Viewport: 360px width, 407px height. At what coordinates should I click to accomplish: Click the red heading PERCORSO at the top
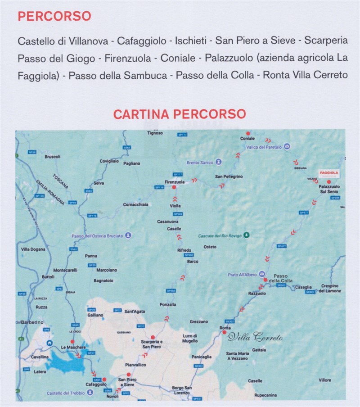[54, 16]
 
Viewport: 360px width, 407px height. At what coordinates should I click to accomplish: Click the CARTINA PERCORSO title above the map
[180, 114]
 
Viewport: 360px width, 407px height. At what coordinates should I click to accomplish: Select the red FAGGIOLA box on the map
[328, 173]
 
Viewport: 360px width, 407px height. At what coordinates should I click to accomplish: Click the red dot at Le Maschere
[72, 342]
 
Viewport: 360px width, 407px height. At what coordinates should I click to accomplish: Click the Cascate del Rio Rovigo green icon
[246, 235]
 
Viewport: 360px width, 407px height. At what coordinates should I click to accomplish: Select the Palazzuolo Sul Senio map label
[329, 189]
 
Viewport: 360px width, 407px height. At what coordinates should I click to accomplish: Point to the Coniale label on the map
[247, 139]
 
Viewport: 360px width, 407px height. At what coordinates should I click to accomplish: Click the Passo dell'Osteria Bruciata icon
[128, 235]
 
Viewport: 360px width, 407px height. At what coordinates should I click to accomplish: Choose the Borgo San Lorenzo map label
[182, 390]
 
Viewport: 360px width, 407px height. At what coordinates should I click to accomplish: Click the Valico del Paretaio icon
[287, 147]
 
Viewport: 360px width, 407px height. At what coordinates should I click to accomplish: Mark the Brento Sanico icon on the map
[218, 162]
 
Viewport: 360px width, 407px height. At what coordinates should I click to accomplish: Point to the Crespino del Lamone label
[330, 288]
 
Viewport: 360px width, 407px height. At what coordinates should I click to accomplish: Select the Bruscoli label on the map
[52, 157]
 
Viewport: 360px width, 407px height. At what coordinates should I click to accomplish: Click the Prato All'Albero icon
[262, 275]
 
